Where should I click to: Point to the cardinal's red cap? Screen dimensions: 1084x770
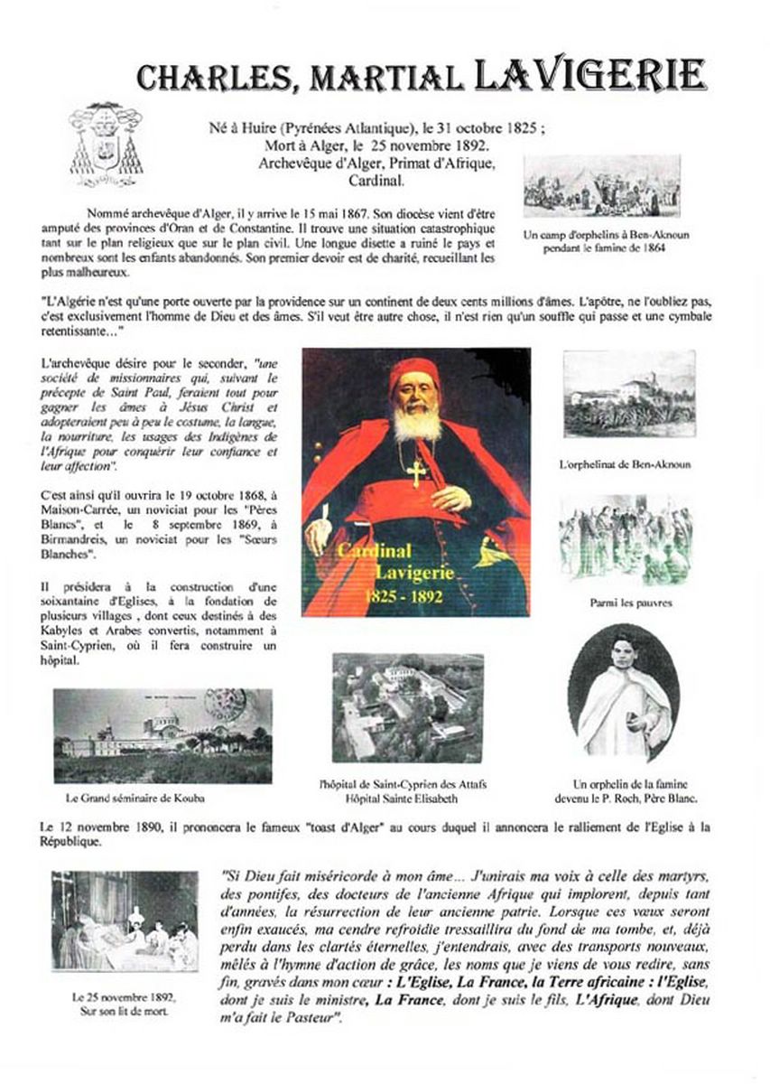[414, 376]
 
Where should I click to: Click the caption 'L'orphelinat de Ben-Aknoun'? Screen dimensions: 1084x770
[625, 464]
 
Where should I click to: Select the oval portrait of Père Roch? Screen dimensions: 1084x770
[624, 694]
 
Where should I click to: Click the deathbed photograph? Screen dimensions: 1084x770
[124, 921]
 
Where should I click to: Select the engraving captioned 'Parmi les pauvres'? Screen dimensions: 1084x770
[626, 540]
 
